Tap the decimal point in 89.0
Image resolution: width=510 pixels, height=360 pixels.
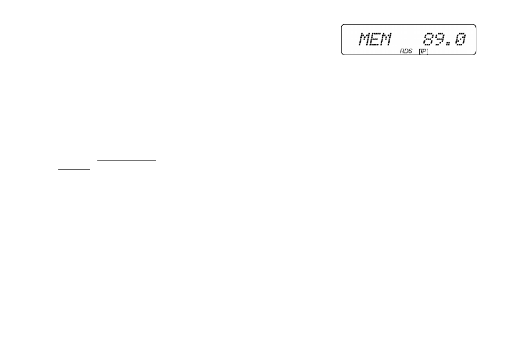pos(448,44)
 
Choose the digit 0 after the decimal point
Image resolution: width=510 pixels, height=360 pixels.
pos(460,39)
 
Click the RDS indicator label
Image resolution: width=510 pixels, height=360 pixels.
pos(406,51)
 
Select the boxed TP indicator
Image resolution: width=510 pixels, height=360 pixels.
pos(423,51)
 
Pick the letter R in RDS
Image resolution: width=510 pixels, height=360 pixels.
pos(402,51)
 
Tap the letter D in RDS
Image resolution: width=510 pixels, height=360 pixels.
pos(406,51)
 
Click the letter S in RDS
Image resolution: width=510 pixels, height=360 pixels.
pos(410,51)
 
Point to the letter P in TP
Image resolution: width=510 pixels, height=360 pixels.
pos(424,51)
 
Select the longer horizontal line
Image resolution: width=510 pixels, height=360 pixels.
pos(127,160)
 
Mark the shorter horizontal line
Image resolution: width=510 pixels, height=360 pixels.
pos(74,169)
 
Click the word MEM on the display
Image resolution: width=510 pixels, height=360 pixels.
pos(375,39)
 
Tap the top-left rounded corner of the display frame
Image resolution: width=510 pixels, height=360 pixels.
pos(342,25)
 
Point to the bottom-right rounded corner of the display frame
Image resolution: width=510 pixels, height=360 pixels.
pos(475,53)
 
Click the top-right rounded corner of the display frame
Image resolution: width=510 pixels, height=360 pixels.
pos(475,25)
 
